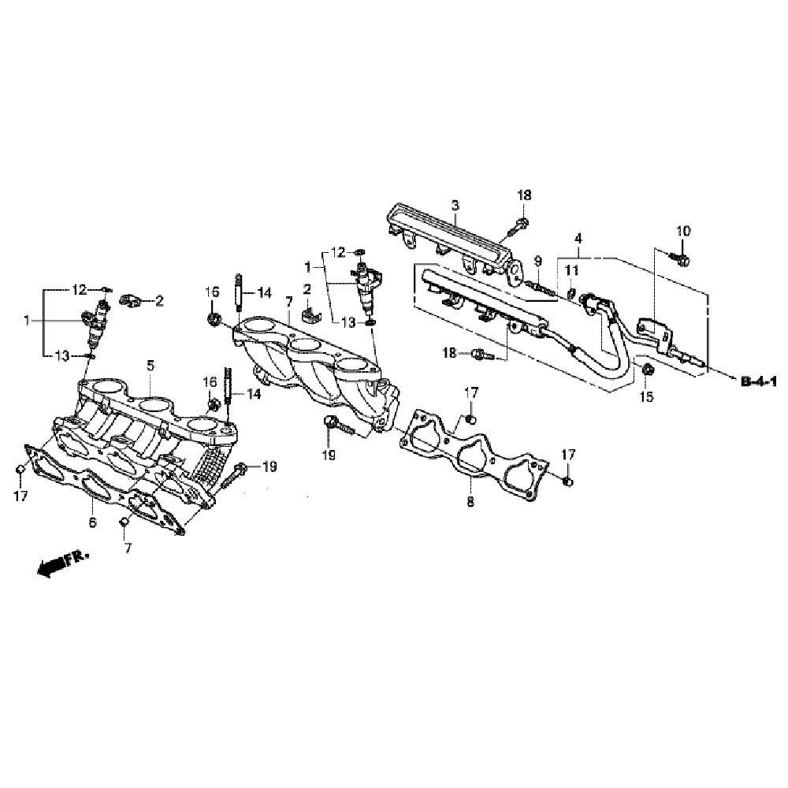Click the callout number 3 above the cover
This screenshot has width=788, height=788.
(x=455, y=205)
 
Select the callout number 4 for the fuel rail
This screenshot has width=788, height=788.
(x=578, y=237)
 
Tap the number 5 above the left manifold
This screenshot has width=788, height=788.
(x=151, y=365)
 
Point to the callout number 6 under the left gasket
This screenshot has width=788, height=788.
(x=91, y=522)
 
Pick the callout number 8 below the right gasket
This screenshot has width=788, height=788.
(x=470, y=500)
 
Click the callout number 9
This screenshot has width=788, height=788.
(x=538, y=261)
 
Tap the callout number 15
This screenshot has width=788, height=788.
(x=646, y=396)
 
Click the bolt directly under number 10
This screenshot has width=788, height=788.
(x=681, y=257)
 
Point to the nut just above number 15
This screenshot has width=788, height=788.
(x=645, y=370)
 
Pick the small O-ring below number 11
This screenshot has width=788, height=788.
(x=571, y=296)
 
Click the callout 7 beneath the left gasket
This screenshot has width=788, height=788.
(x=124, y=546)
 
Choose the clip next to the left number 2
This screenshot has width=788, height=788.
(x=129, y=300)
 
